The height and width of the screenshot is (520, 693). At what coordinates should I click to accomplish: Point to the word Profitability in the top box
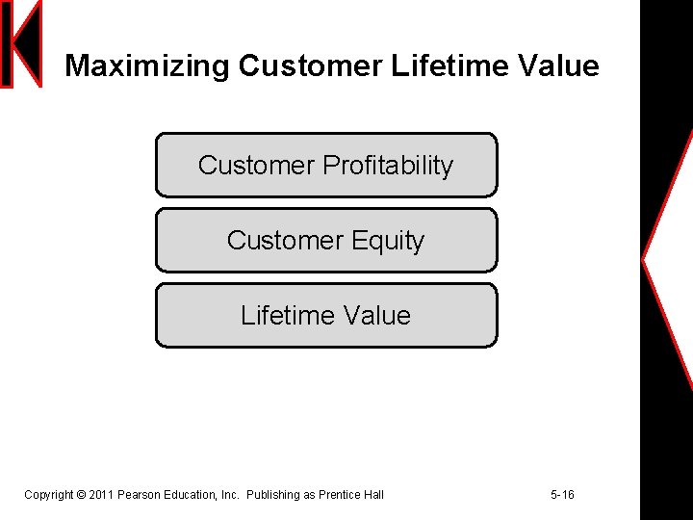pos(388,166)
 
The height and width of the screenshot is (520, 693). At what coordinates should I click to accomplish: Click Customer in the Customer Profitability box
pos(256,166)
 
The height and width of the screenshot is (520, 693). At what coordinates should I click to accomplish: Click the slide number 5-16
pos(562,495)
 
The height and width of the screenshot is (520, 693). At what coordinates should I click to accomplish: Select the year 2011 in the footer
pos(101,495)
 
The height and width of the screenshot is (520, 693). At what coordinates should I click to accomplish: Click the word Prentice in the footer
pos(340,495)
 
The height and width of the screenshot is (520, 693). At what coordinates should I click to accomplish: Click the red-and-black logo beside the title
pos(21,43)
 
